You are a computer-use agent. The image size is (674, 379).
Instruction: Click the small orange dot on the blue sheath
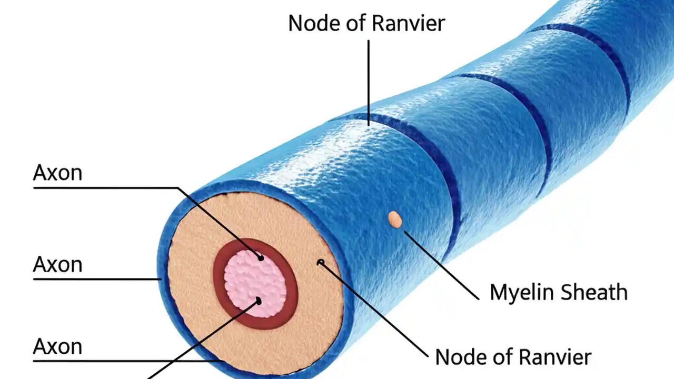(x=395, y=219)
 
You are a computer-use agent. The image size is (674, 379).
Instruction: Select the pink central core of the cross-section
(x=255, y=284)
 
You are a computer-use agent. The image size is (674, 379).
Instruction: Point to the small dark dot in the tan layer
(x=320, y=262)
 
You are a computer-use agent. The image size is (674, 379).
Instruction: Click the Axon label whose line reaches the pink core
(x=57, y=173)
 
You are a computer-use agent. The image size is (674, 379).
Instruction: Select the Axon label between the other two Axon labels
(x=57, y=264)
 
